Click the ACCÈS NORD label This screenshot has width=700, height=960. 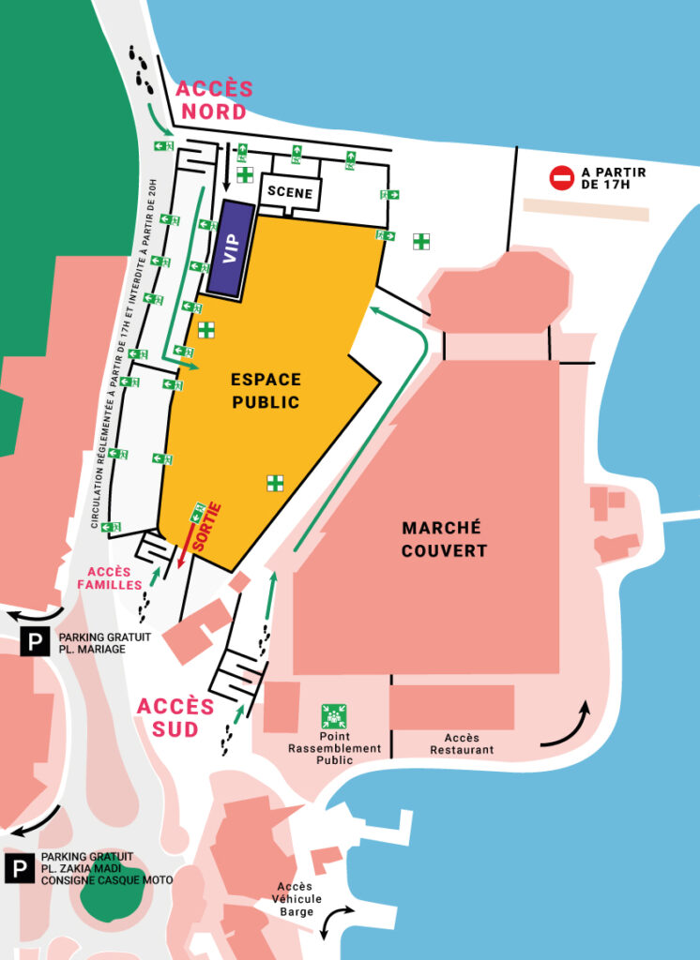tap(214, 100)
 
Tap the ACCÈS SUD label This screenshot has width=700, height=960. tap(175, 716)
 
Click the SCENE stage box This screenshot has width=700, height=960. tap(291, 192)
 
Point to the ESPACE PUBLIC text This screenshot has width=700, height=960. tap(266, 391)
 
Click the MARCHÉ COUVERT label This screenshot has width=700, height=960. tap(444, 539)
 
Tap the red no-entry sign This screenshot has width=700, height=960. tap(561, 178)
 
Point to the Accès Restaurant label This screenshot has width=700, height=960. tap(462, 743)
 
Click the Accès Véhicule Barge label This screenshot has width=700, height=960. tap(300, 899)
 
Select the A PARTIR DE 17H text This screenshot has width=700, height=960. tap(614, 178)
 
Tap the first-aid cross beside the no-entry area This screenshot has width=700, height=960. tap(421, 241)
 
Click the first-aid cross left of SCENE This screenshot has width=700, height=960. tap(245, 174)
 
